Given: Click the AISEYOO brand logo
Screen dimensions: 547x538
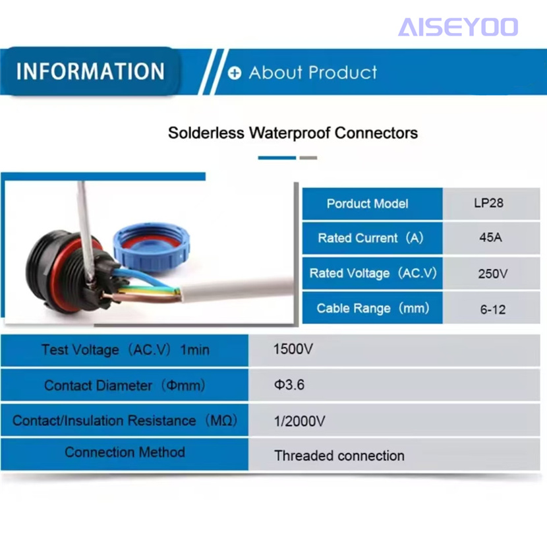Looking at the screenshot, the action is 457,27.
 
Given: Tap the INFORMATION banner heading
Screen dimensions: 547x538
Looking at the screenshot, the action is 90,71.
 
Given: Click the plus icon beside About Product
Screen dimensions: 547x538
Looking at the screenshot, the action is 235,73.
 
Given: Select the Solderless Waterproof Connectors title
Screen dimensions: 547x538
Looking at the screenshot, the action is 293,133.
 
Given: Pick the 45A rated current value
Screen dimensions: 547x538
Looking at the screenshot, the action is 490,237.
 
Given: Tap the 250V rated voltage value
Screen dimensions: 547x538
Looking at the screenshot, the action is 492,274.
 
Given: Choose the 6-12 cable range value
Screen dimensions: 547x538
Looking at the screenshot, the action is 492,309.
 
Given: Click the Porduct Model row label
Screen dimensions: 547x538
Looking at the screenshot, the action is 367,204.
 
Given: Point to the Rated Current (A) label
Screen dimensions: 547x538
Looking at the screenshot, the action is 370,238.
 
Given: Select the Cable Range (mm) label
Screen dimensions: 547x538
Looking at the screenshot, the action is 372,309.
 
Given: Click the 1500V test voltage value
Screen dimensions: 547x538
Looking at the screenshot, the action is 293,349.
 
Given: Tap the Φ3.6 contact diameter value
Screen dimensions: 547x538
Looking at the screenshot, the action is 289,384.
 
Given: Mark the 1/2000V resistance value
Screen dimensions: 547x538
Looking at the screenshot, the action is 299,421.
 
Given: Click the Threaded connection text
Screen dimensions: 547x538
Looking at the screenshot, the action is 339,456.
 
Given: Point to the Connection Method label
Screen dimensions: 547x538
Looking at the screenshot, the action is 125,452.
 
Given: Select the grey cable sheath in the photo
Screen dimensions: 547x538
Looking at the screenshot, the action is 237,289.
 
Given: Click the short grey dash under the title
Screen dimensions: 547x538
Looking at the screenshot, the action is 308,158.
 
